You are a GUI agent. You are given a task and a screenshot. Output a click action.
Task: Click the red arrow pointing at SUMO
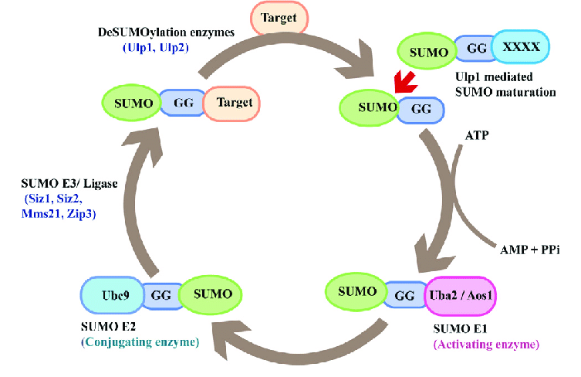point(401,80)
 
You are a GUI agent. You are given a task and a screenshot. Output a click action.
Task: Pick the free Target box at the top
point(279,15)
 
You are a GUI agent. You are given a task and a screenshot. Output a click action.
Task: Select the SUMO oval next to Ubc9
point(210,295)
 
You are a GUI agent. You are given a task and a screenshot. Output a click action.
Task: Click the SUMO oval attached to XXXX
point(427,52)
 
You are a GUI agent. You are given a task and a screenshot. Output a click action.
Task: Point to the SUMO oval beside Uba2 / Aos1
point(356,292)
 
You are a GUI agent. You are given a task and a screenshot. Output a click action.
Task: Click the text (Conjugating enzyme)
point(140,341)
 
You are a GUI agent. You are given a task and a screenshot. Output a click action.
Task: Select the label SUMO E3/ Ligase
point(69,185)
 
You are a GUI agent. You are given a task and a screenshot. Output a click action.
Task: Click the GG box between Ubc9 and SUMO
point(161,295)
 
